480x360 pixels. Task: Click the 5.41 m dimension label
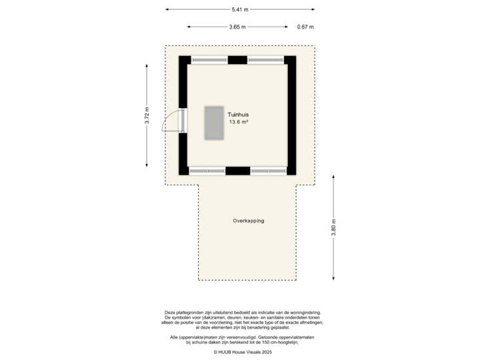(240, 9)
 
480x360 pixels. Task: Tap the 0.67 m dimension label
(305, 27)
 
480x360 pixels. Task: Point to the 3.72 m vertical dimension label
(147, 116)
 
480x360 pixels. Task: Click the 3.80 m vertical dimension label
(333, 228)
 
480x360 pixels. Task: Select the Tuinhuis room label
(238, 115)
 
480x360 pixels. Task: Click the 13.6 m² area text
(238, 123)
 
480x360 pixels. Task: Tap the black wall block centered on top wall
(237, 59)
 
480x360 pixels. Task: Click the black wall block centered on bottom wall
(237, 171)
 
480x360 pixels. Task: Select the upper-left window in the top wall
(209, 60)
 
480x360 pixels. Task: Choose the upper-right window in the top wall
(266, 60)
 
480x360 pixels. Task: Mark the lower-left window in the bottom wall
(207, 171)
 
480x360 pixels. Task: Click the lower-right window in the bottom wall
(268, 171)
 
